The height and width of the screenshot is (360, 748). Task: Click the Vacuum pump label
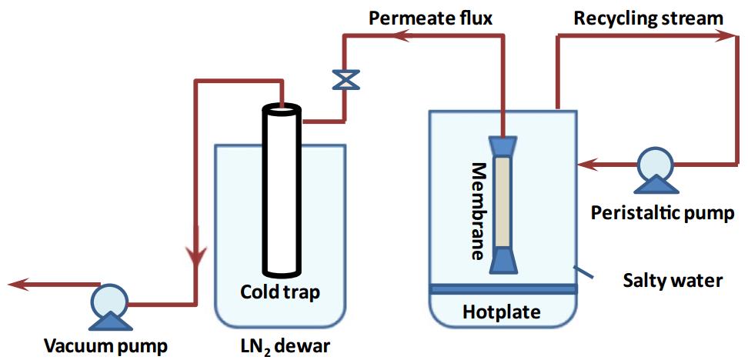click(105, 344)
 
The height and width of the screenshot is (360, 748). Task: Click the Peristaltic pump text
click(663, 212)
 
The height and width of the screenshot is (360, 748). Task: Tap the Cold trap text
click(279, 292)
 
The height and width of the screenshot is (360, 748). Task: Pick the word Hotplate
click(501, 312)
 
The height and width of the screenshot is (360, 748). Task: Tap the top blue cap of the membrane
click(502, 145)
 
